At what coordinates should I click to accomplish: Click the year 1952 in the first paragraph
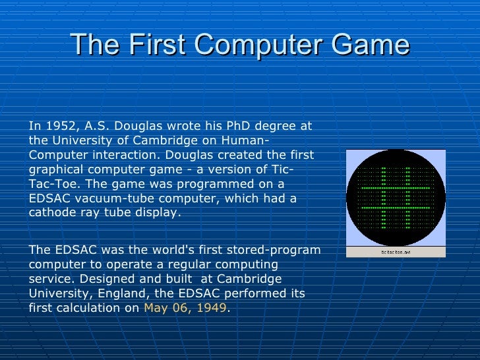54,126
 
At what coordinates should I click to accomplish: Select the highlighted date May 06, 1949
185,308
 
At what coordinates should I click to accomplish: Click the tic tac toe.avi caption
396,252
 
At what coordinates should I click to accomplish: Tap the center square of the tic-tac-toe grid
395,198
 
